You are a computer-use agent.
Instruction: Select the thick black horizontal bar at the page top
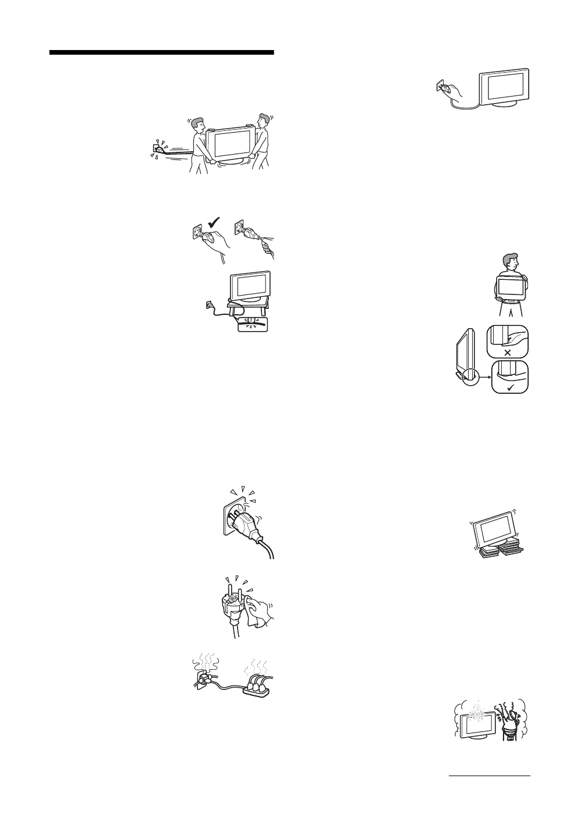[x=161, y=53]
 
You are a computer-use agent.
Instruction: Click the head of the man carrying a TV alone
[x=509, y=263]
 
